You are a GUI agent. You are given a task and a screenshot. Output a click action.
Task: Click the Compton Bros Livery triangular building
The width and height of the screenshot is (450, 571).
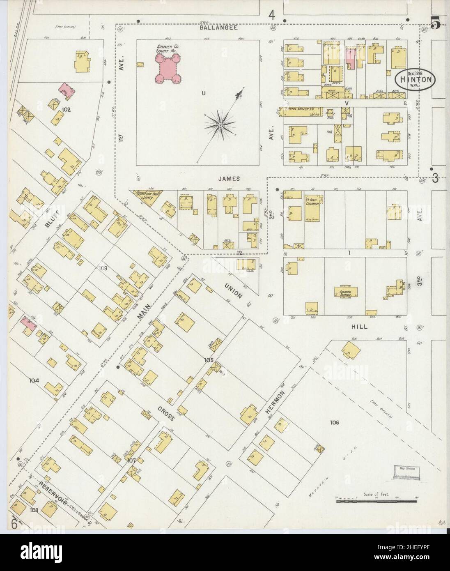click(x=147, y=196)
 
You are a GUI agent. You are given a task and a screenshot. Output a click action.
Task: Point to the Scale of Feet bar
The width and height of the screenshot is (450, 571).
click(x=377, y=502)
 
